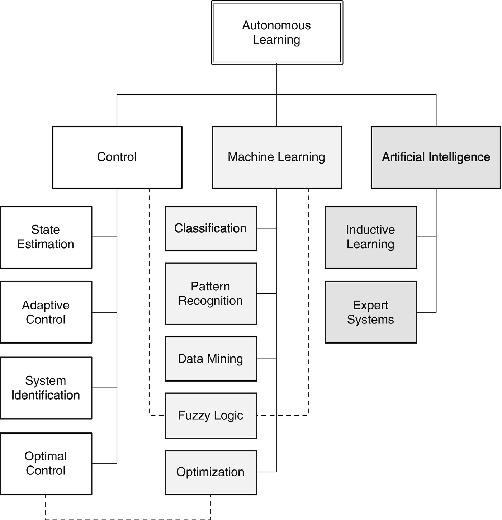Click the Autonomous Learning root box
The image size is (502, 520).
pyautogui.click(x=277, y=33)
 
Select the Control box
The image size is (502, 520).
pyautogui.click(x=117, y=157)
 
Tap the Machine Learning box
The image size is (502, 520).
pyautogui.click(x=277, y=157)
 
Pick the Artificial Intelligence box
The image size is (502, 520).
pyautogui.click(x=436, y=157)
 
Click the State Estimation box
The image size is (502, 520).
pyautogui.click(x=46, y=237)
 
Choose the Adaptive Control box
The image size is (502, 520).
pyautogui.click(x=46, y=312)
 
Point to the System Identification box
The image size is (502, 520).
pyautogui.click(x=46, y=388)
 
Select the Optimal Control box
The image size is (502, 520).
pyautogui.click(x=46, y=463)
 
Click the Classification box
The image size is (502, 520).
pyautogui.click(x=211, y=228)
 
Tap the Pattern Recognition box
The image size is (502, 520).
pyautogui.click(x=211, y=293)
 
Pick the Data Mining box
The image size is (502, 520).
pyautogui.click(x=211, y=359)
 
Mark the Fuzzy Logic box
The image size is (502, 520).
pyautogui.click(x=211, y=415)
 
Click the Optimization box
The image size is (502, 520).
pyautogui.click(x=211, y=472)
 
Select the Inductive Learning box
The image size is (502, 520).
pyautogui.click(x=371, y=237)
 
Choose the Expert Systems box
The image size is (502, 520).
pyautogui.click(x=371, y=312)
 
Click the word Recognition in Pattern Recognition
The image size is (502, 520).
pyautogui.click(x=210, y=301)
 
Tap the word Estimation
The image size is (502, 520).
pyautogui.click(x=46, y=244)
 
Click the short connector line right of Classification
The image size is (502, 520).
pyautogui.click(x=266, y=228)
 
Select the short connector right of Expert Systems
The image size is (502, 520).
pyautogui.click(x=426, y=312)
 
